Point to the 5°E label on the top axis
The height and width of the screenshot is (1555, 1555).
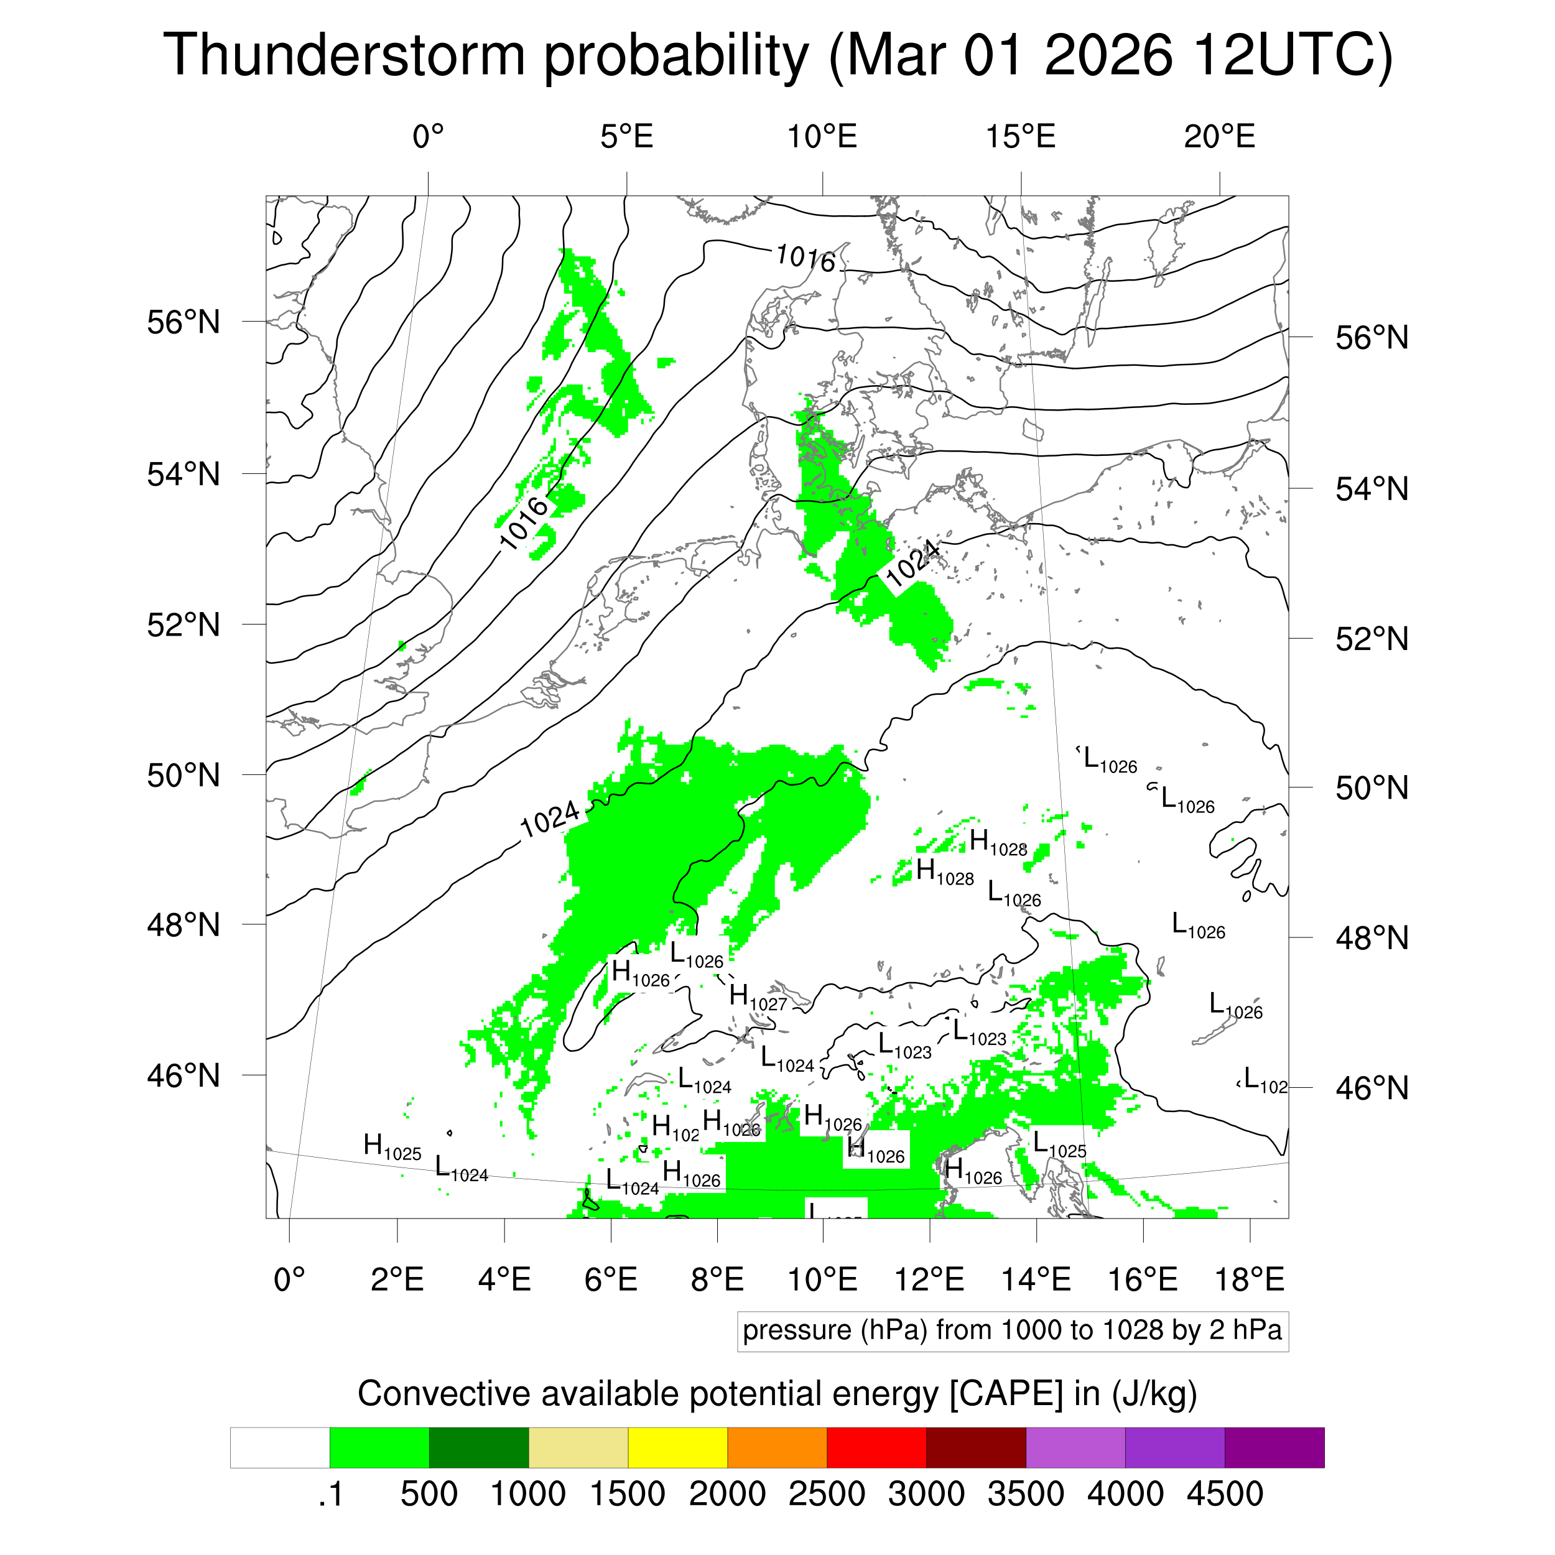point(626,137)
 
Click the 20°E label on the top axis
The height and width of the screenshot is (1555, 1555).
point(1219,137)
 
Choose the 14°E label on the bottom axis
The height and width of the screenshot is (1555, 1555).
point(1036,1279)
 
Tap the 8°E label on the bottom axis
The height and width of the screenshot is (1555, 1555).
point(717,1279)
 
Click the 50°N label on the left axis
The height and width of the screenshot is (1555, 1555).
point(183,775)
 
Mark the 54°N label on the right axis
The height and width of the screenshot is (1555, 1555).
point(1372,490)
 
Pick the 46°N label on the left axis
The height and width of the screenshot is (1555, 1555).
point(183,1075)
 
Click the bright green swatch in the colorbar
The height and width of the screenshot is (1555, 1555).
point(379,1448)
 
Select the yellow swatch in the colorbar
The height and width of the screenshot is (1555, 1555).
point(678,1448)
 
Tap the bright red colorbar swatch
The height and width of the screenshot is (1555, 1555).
point(876,1448)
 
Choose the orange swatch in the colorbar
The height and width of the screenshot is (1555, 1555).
point(777,1448)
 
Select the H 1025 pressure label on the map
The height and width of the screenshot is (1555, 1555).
point(392,1146)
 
